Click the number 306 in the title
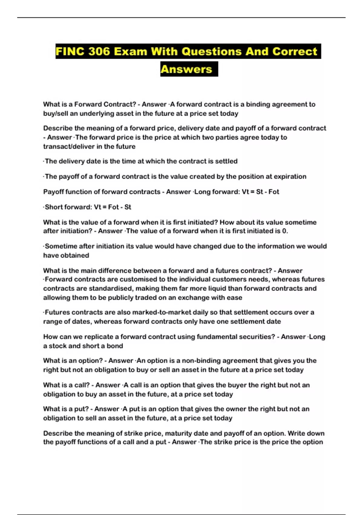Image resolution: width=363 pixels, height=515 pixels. (99, 51)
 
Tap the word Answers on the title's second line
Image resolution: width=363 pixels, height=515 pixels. (186, 69)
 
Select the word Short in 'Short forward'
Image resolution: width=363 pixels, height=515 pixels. (53, 207)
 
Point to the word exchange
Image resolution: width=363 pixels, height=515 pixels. (193, 298)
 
